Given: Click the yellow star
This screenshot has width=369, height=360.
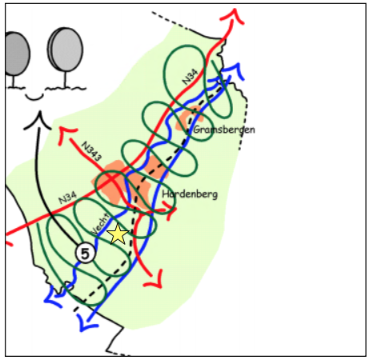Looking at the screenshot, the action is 118,234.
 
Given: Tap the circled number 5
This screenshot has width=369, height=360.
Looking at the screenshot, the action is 85,253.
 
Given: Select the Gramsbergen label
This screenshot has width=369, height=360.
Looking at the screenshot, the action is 223,130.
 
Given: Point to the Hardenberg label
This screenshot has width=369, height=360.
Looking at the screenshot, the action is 190,194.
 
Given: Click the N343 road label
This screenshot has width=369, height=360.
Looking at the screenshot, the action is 91,151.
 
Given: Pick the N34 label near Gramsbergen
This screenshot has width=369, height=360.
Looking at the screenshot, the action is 190,77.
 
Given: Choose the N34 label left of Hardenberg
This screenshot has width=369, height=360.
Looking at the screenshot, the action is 67,198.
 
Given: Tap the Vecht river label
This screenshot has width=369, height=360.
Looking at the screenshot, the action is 100,224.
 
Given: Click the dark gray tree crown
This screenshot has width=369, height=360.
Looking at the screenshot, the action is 17,54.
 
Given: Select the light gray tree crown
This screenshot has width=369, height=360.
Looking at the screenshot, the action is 66,50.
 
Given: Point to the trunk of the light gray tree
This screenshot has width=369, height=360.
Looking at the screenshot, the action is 65,79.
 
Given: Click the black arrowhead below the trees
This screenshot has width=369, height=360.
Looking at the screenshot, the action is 38,122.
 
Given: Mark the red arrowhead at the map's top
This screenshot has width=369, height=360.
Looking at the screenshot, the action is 233,17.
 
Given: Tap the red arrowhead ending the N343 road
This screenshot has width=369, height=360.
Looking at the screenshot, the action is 66,134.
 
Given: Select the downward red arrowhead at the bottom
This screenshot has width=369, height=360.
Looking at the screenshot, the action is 155,280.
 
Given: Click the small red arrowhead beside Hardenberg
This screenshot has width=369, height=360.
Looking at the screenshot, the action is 170,210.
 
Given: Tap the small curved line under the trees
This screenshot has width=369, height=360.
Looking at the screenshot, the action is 34,98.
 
